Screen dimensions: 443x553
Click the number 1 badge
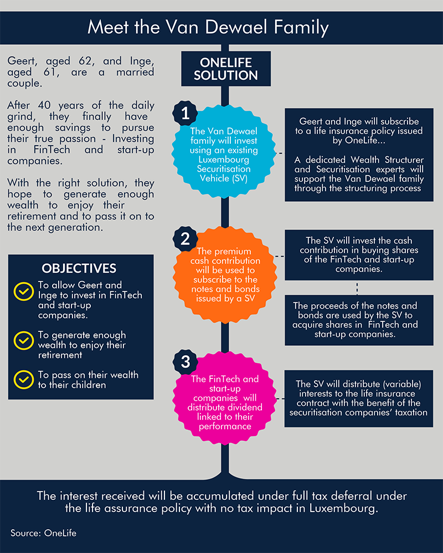click(x=185, y=113)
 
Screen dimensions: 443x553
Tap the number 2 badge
click(x=185, y=239)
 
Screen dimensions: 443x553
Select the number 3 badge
click(x=186, y=362)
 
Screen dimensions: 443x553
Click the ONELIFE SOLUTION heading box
click(x=226, y=69)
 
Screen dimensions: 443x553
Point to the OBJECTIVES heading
click(x=79, y=268)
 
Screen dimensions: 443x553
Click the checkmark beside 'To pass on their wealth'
click(x=24, y=380)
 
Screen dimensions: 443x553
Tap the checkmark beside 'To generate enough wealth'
click(x=24, y=340)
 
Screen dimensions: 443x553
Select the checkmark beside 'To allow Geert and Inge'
click(x=24, y=291)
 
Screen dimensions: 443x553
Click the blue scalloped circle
click(x=224, y=152)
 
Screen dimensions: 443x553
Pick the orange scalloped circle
click(x=225, y=275)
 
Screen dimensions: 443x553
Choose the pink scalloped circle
click(x=225, y=398)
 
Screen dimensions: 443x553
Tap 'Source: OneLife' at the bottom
click(x=43, y=533)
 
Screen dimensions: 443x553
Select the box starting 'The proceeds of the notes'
click(x=359, y=320)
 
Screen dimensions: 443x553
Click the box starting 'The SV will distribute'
click(x=359, y=398)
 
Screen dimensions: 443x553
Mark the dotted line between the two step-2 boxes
click(x=357, y=288)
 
